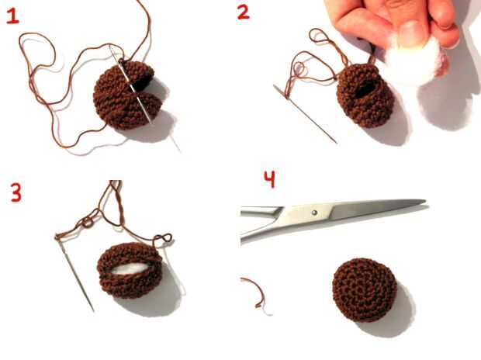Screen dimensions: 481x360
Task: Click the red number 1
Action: [12, 16]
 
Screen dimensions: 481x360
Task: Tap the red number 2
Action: [244, 12]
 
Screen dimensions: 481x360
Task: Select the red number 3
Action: [16, 192]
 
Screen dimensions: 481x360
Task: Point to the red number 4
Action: [270, 179]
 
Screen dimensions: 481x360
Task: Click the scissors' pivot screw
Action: [314, 212]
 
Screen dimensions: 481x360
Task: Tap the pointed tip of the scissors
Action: [425, 201]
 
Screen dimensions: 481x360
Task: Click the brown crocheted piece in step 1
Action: [127, 95]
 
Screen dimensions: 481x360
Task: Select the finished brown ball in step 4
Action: [365, 290]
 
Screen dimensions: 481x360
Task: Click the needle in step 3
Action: [74, 273]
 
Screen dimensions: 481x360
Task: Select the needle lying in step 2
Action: [305, 114]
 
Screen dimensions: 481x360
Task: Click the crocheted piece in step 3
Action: [130, 270]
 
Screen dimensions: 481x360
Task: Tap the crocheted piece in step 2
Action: [365, 95]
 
